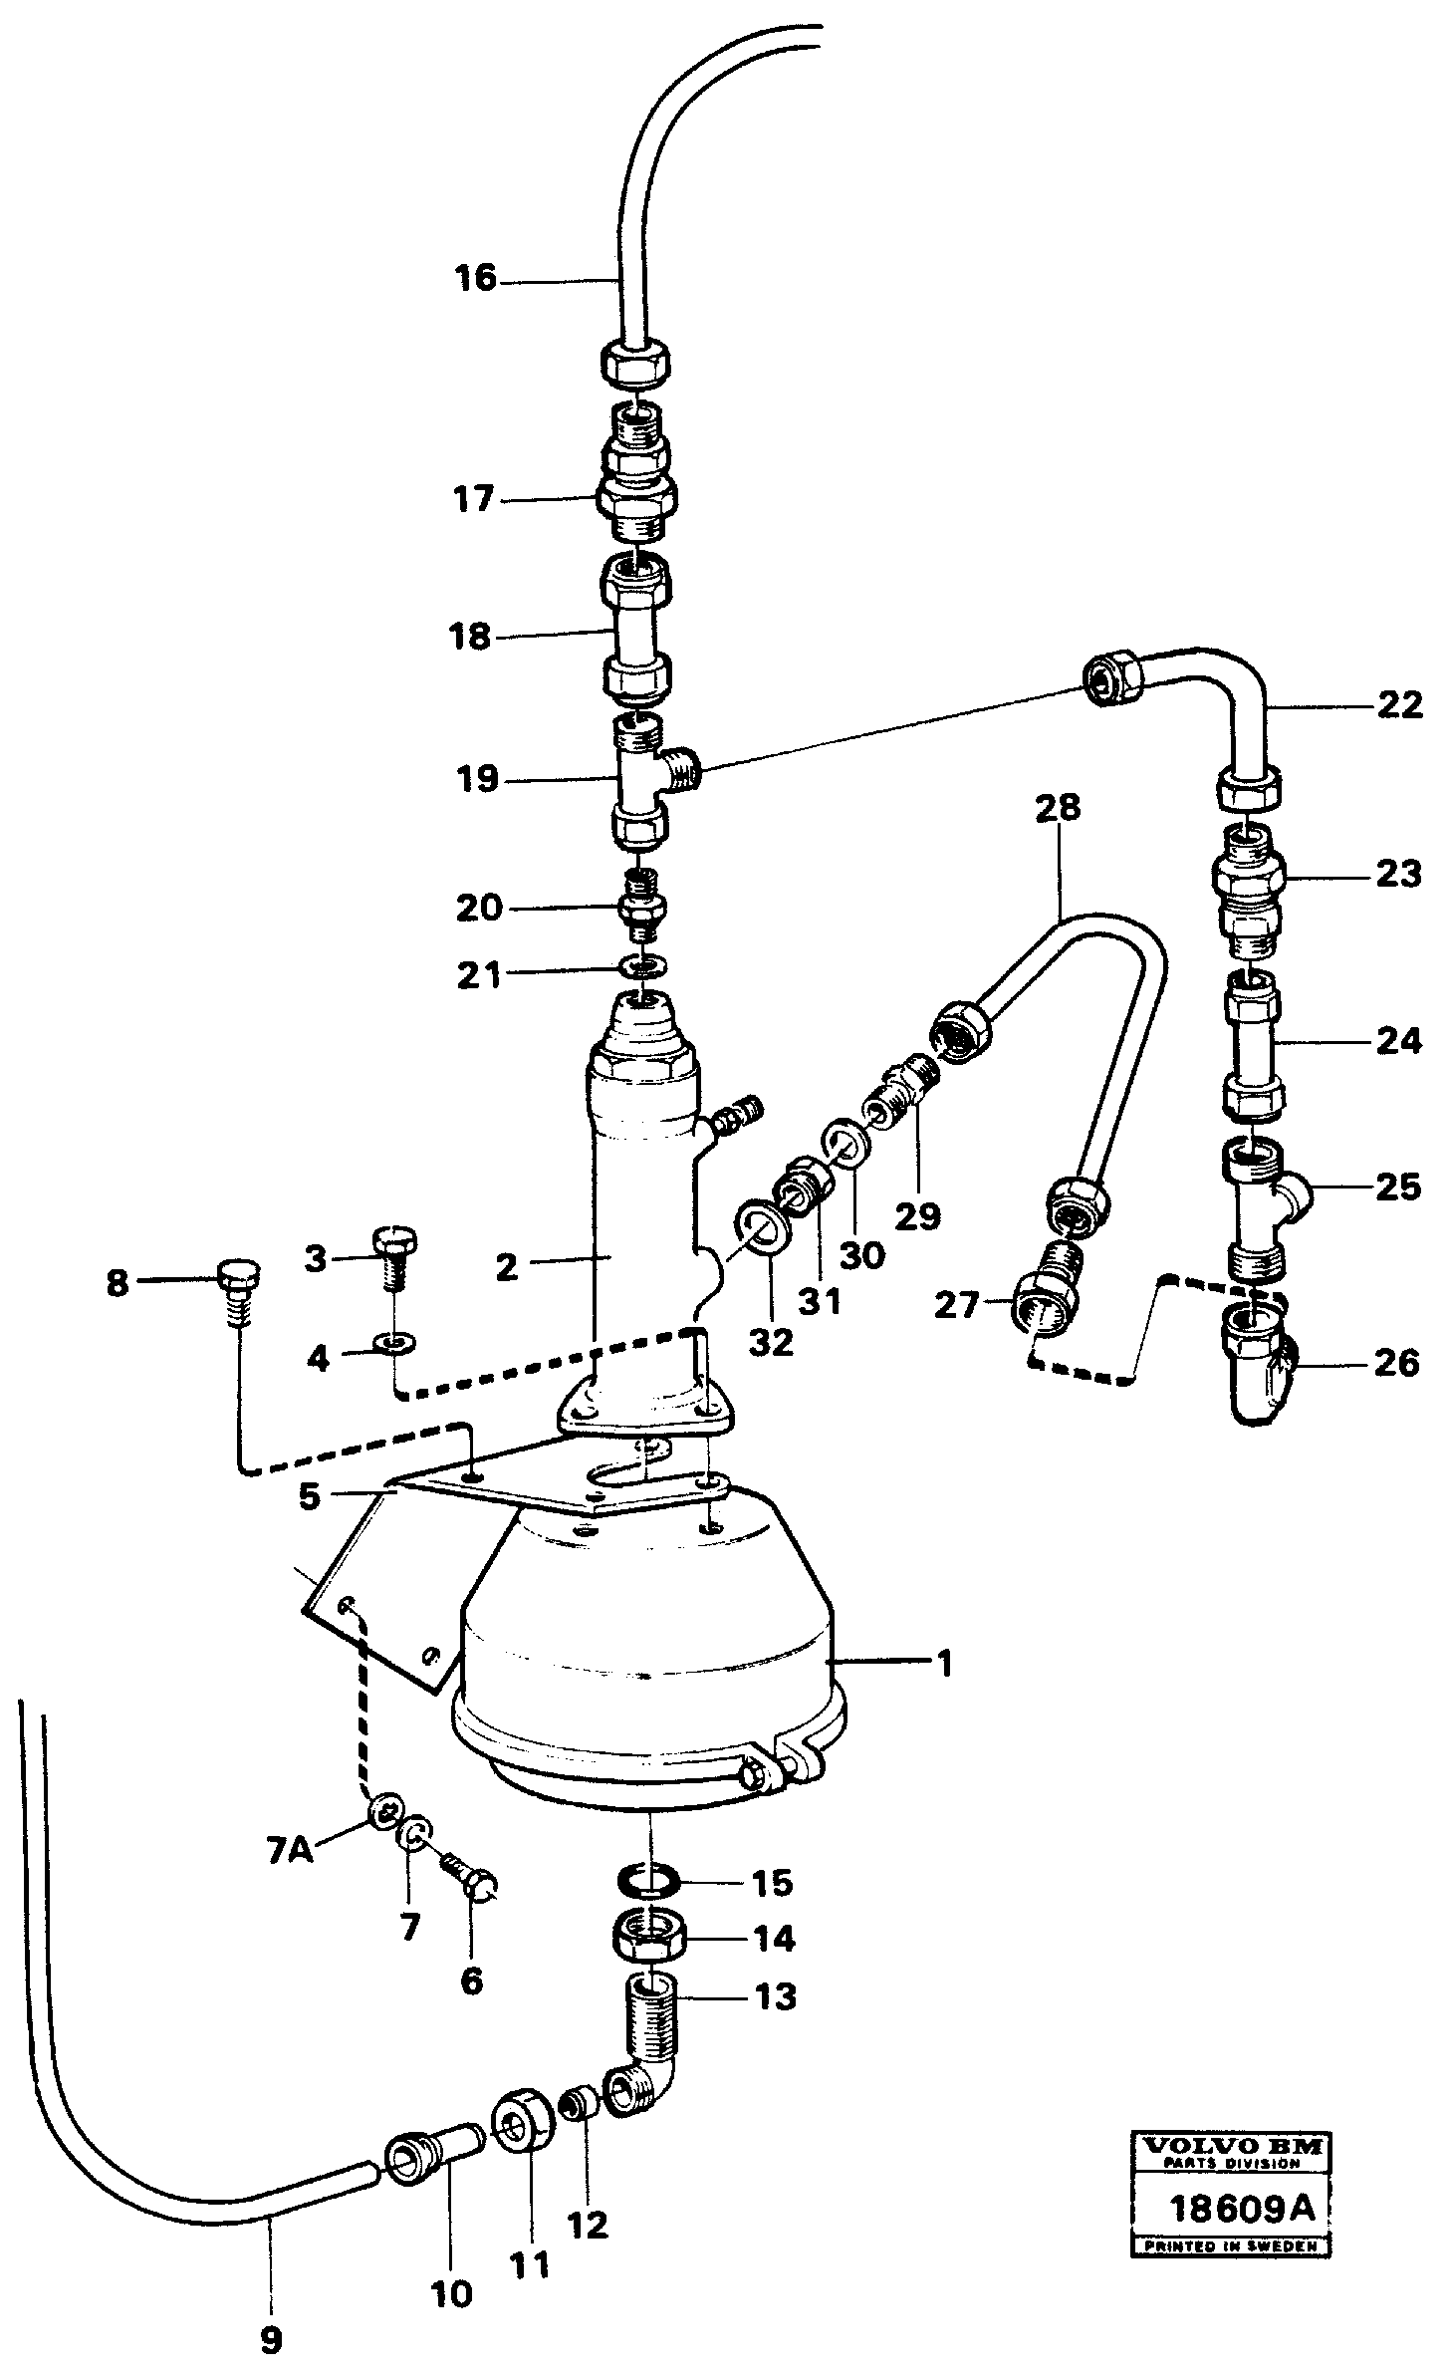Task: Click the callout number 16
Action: pyautogui.click(x=476, y=278)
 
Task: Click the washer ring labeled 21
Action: pyautogui.click(x=641, y=965)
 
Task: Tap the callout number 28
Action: pyautogui.click(x=1057, y=807)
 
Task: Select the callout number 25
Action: pyautogui.click(x=1398, y=1187)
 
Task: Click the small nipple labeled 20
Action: pyautogui.click(x=643, y=908)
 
